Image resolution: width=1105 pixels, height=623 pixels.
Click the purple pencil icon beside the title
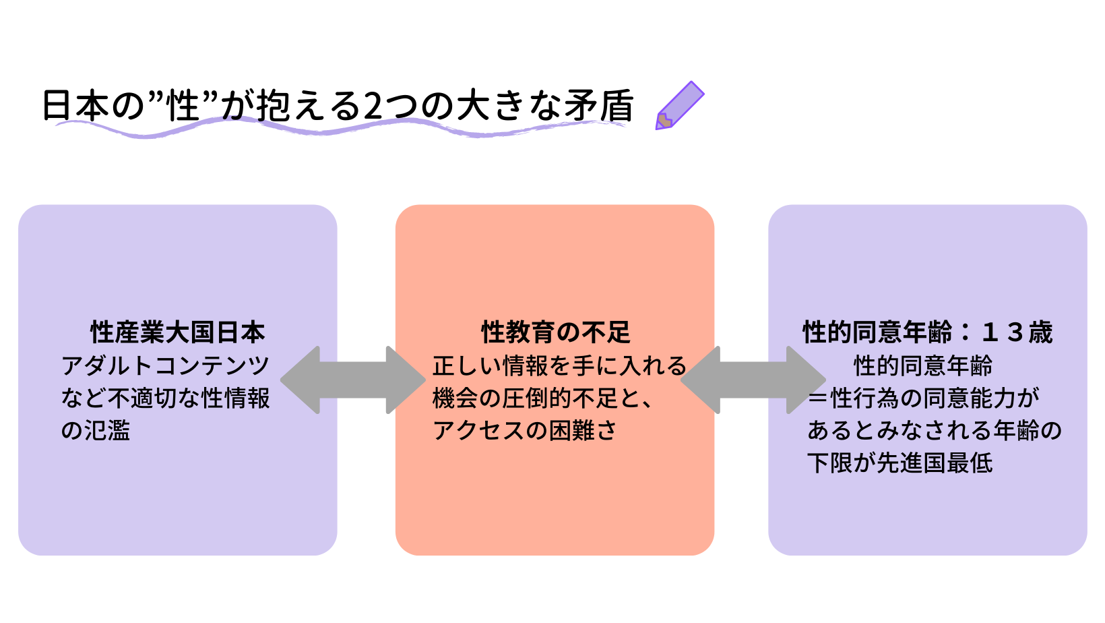679,106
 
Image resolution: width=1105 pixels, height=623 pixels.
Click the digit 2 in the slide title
373,106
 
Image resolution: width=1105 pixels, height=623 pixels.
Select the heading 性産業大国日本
178,332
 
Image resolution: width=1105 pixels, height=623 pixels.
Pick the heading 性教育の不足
555,332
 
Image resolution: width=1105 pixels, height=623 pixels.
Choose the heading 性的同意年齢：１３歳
927,332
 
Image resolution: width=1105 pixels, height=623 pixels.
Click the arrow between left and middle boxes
352,380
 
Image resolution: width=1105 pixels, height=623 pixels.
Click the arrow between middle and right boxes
753,380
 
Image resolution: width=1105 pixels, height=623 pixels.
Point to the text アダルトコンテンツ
165,365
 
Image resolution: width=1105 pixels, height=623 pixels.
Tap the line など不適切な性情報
165,398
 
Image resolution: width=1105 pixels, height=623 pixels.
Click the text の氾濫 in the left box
96,430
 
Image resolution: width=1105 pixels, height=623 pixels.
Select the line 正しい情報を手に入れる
559,365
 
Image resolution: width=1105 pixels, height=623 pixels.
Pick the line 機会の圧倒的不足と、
542,398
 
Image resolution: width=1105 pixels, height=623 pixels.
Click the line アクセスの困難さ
525,430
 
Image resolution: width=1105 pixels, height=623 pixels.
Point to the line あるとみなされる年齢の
934,430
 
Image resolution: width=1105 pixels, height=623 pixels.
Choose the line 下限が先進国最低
899,463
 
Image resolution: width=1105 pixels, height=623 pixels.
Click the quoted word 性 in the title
183,106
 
